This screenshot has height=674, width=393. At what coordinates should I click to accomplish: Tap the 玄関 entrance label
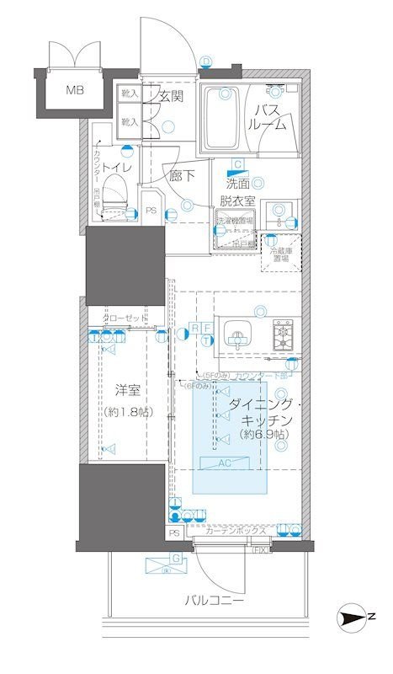pos(171,96)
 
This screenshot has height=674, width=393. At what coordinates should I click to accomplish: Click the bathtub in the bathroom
pos(224,121)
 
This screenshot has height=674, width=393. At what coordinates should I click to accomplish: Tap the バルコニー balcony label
pos(215,602)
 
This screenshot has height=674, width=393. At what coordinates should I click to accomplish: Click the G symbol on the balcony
pos(176,558)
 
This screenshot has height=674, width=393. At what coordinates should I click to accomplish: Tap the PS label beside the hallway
pos(151,211)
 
